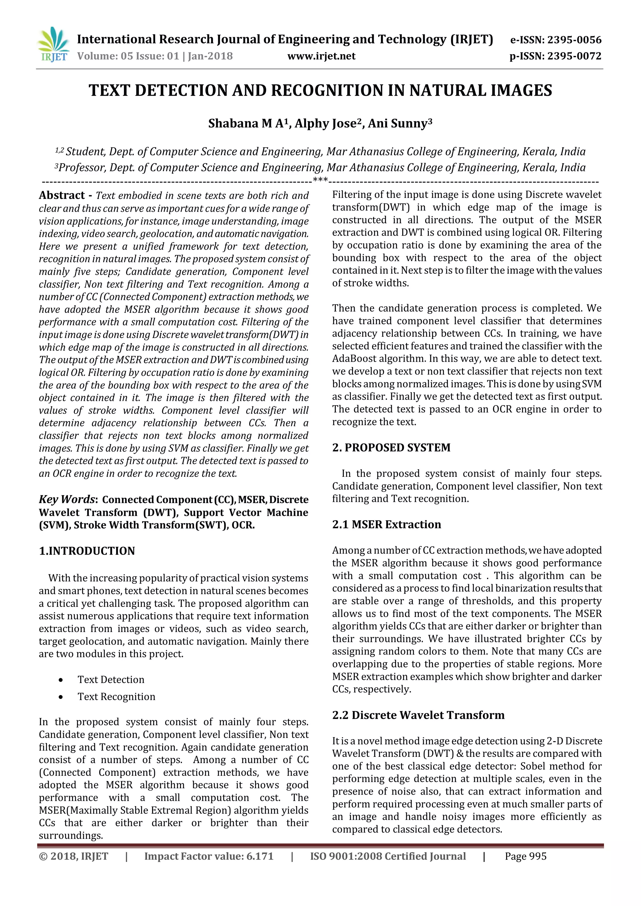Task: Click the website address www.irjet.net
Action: (x=321, y=56)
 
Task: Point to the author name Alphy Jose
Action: (x=326, y=124)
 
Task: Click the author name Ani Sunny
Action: (x=397, y=124)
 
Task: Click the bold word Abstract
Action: (x=62, y=195)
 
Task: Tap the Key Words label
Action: (x=67, y=499)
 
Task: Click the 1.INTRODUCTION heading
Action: (x=87, y=551)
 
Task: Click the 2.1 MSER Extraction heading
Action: (x=387, y=524)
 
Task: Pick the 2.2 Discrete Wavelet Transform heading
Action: (x=418, y=715)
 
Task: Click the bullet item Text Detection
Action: (x=111, y=679)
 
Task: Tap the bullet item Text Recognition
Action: (x=116, y=696)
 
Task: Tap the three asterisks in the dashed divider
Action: (x=320, y=181)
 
